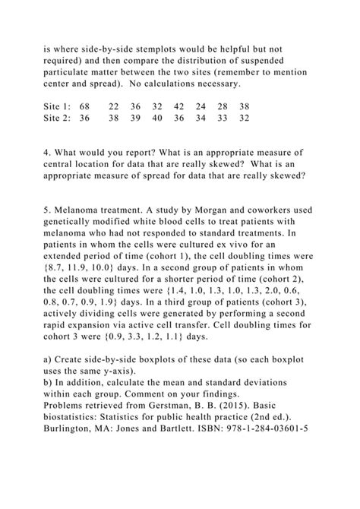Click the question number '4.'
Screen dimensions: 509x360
coord(46,156)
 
